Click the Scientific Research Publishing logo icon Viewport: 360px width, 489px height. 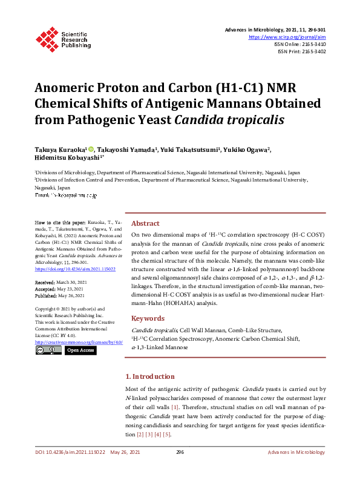pyautogui.click(x=47, y=38)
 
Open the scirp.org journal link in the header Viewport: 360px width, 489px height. pyautogui.click(x=292, y=37)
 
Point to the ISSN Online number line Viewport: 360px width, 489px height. pyautogui.click(x=300, y=44)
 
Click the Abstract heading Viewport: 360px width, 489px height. pyautogui.click(x=145, y=223)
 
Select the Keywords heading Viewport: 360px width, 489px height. pyautogui.click(x=148, y=318)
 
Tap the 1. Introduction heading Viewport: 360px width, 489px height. pyautogui.click(x=149, y=376)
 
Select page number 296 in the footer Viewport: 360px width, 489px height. pyautogui.click(x=180, y=452)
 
